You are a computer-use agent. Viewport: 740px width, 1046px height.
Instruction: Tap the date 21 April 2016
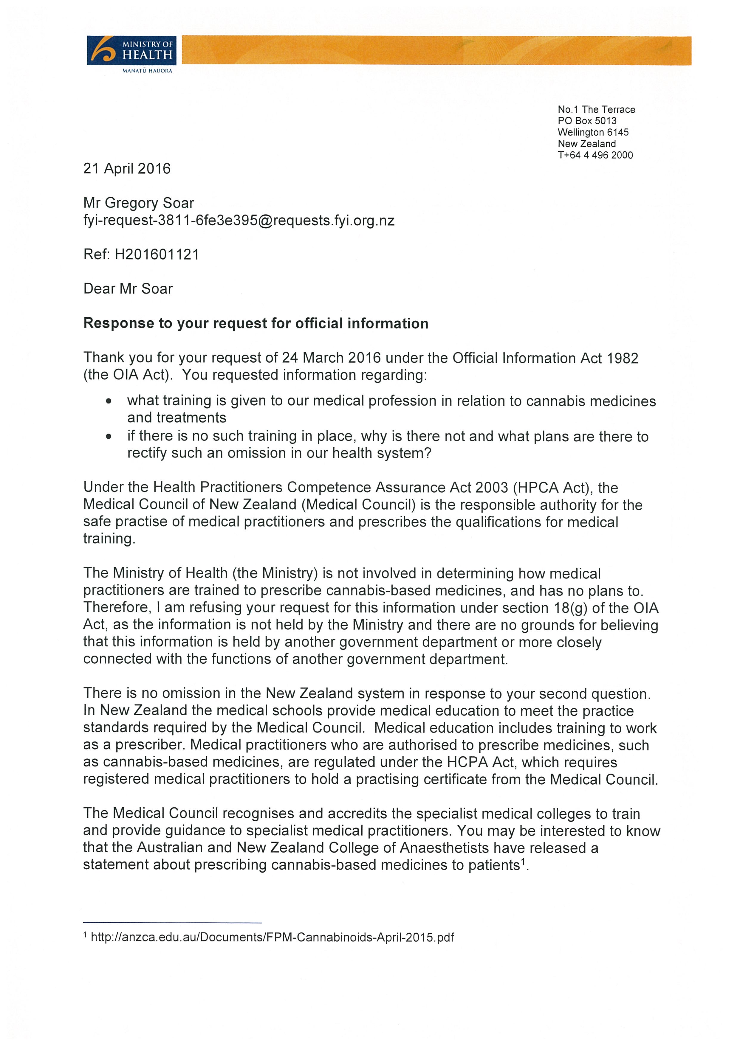tap(127, 169)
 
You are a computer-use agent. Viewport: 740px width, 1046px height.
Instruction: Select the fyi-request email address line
tap(239, 221)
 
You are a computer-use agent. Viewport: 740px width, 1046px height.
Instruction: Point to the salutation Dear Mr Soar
tap(128, 289)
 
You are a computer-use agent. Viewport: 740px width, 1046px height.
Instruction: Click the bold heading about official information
tap(256, 323)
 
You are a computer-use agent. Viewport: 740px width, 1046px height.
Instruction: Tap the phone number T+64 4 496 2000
tap(595, 155)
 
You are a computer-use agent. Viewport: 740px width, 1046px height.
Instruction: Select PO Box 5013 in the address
tap(587, 121)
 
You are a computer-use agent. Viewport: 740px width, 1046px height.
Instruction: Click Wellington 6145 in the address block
tap(593, 132)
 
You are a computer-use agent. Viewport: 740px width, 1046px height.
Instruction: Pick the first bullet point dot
tap(109, 402)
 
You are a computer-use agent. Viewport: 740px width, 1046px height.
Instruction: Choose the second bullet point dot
tap(109, 437)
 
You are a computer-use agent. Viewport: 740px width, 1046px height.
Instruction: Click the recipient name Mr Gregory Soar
tap(139, 203)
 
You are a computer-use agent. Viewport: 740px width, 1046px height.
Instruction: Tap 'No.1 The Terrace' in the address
tap(596, 109)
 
